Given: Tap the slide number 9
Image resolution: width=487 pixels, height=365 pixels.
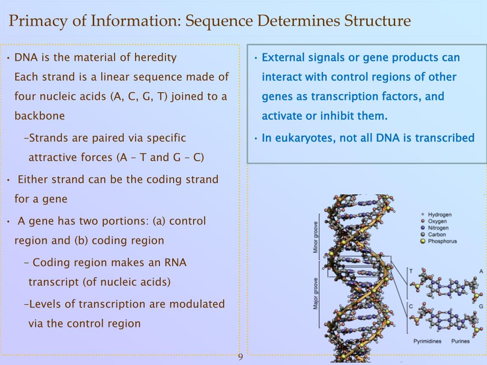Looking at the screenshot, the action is click(x=240, y=357).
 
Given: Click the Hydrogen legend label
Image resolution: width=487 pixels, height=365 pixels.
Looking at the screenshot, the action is click(x=439, y=214).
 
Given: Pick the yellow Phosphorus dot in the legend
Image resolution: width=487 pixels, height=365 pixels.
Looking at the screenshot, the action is click(x=422, y=241).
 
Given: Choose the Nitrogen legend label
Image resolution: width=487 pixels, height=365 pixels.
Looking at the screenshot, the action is click(x=438, y=228).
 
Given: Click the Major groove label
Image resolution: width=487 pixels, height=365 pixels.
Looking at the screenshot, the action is click(x=315, y=293).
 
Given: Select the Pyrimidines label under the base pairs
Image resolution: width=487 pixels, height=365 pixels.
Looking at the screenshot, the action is click(x=427, y=341).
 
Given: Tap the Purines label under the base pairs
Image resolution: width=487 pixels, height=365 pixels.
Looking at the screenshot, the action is click(x=460, y=341).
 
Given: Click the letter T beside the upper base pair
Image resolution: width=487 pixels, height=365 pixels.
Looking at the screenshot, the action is click(x=411, y=271).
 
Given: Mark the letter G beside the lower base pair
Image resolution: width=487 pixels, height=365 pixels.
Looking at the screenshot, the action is click(x=481, y=306).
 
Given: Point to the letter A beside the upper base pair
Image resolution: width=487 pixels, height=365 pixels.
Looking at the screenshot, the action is click(x=481, y=271).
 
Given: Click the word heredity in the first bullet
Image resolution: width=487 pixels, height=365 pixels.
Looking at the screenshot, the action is click(x=156, y=58).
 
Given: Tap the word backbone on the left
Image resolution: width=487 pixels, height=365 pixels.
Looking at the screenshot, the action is click(x=39, y=115).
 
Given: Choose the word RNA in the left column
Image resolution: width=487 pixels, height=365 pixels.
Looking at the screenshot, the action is click(x=175, y=262).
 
